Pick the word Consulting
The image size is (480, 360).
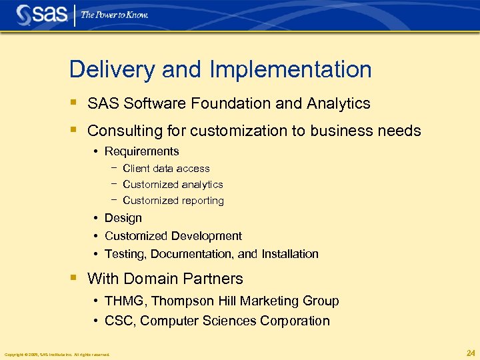point(123,131)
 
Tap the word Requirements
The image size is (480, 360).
point(142,151)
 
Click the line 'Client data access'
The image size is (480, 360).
point(166,169)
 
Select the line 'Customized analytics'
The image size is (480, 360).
point(173,185)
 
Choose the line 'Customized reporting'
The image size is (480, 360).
point(173,201)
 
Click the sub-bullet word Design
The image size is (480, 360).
point(123,218)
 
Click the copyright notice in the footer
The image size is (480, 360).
point(57,354)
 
